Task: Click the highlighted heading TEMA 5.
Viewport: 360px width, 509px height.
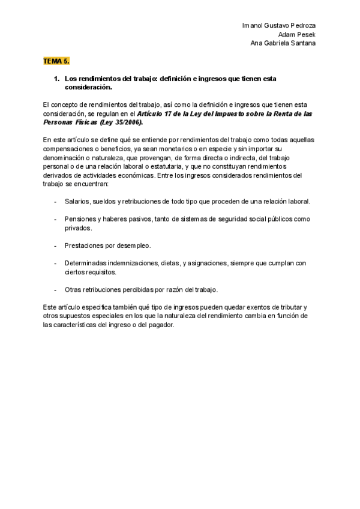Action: pyautogui.click(x=56, y=61)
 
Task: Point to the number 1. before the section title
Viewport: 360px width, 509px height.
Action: pyautogui.click(x=56, y=79)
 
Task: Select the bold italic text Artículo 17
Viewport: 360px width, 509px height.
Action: pyautogui.click(x=157, y=113)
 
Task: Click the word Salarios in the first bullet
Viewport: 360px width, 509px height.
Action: pyautogui.click(x=77, y=202)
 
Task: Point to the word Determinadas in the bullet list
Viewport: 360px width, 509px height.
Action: pyautogui.click(x=85, y=263)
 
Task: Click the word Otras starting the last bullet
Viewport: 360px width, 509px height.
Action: pyautogui.click(x=73, y=289)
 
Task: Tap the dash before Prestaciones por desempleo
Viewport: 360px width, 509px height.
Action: pyautogui.click(x=56, y=245)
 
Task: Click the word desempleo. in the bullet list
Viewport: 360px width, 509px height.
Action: pyautogui.click(x=134, y=245)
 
